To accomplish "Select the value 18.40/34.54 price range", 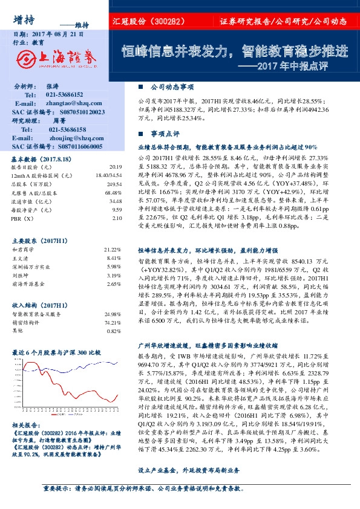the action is tap(109, 175).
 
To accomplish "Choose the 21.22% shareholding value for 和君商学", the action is tap(113, 249).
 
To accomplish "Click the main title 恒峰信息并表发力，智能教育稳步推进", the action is tap(234, 51).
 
